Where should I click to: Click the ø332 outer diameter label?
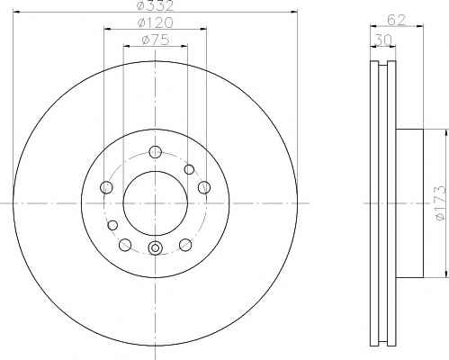(x=155, y=5)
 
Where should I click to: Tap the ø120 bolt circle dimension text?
(x=155, y=22)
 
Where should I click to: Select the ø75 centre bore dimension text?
(x=155, y=40)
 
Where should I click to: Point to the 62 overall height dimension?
(x=396, y=20)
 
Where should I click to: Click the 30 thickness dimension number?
(x=383, y=40)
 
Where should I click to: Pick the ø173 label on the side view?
(x=441, y=203)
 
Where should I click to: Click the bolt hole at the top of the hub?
(x=155, y=152)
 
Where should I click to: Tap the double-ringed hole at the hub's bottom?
(x=156, y=247)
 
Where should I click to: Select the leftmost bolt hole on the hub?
(x=106, y=187)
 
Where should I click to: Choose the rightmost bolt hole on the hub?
(x=204, y=187)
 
